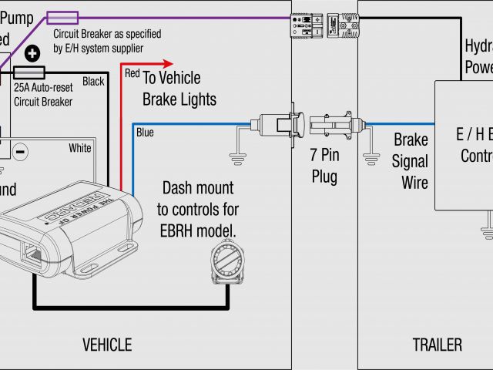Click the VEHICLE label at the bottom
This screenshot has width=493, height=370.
coord(107,345)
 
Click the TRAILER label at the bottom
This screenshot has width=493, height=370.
coord(437,345)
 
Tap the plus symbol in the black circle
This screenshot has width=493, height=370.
coord(33,54)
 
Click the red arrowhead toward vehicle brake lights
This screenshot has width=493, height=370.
coord(169,66)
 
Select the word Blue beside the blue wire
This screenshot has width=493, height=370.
coord(145,133)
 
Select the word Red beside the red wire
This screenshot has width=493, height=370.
coord(132,73)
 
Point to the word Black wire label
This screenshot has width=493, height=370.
coord(92,82)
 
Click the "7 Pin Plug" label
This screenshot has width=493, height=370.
coord(324,166)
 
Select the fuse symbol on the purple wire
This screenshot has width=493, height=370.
coord(61,16)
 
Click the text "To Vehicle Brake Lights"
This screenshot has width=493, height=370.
coord(179,89)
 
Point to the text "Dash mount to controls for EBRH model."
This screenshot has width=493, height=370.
coord(198,209)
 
